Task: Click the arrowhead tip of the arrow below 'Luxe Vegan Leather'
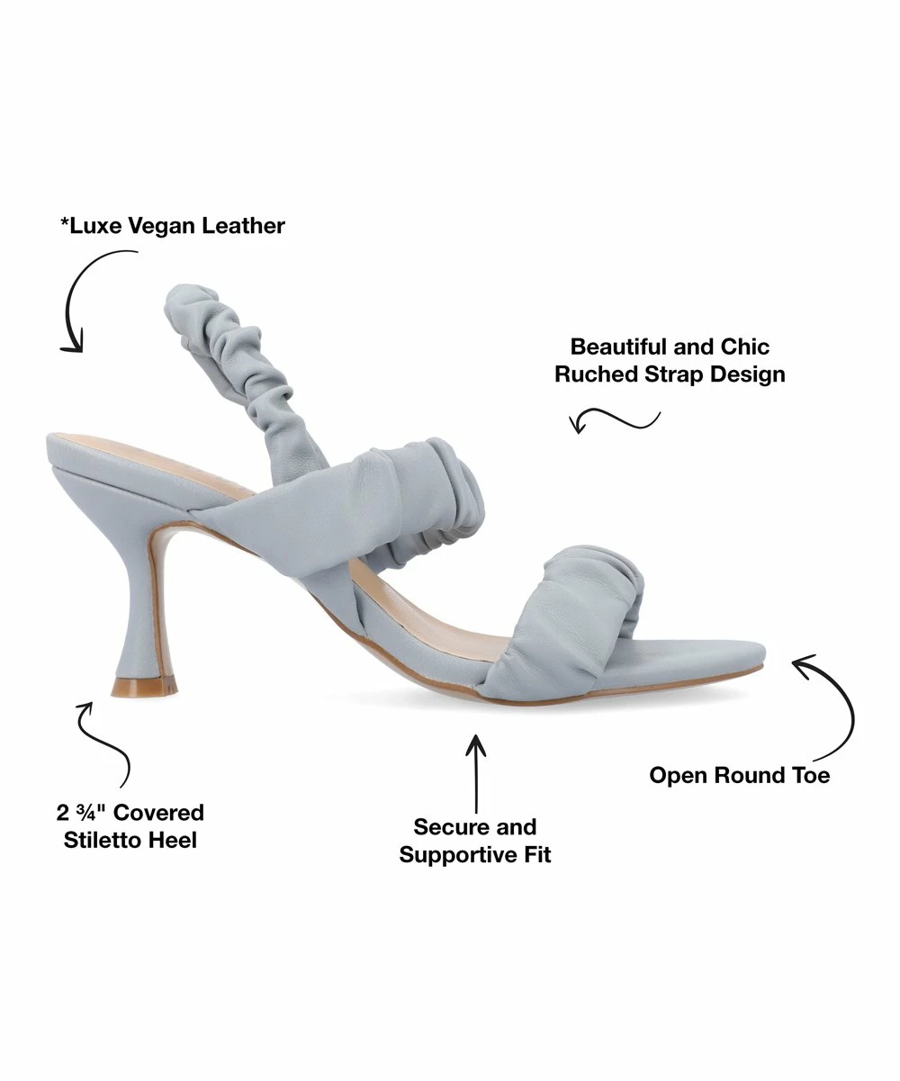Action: (80, 352)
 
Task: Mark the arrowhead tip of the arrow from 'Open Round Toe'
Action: (792, 661)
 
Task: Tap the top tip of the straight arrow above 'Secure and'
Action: (475, 735)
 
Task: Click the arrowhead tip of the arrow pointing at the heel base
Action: (92, 703)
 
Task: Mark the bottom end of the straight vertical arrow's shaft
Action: (476, 813)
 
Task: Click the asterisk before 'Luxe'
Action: (65, 222)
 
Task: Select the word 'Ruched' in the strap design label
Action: (596, 374)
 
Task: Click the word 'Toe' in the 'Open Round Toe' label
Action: (810, 775)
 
